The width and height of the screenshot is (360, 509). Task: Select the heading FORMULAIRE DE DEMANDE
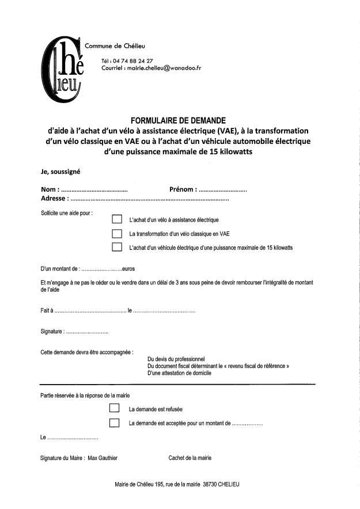pyautogui.click(x=178, y=121)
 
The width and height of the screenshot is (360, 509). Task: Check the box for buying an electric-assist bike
pyautogui.click(x=117, y=219)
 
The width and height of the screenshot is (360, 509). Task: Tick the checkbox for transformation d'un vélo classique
pyautogui.click(x=117, y=233)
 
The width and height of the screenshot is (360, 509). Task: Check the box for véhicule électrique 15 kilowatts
pyautogui.click(x=117, y=247)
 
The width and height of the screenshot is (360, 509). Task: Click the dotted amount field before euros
pyautogui.click(x=101, y=269)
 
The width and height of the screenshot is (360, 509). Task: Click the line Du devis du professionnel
pyautogui.click(x=176, y=359)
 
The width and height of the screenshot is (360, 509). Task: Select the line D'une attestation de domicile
pyautogui.click(x=179, y=373)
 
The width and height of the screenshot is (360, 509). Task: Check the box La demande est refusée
pyautogui.click(x=114, y=409)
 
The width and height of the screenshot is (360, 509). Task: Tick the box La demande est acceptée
pyautogui.click(x=114, y=423)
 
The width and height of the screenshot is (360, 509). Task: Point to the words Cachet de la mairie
pyautogui.click(x=190, y=458)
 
